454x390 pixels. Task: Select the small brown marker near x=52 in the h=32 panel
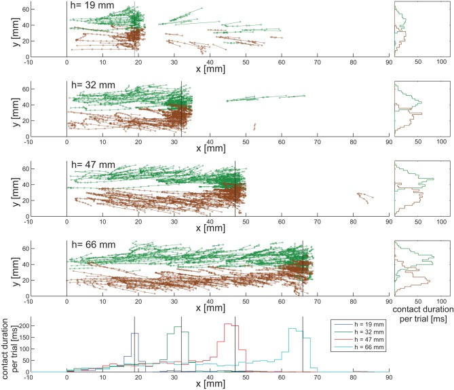(254, 126)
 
